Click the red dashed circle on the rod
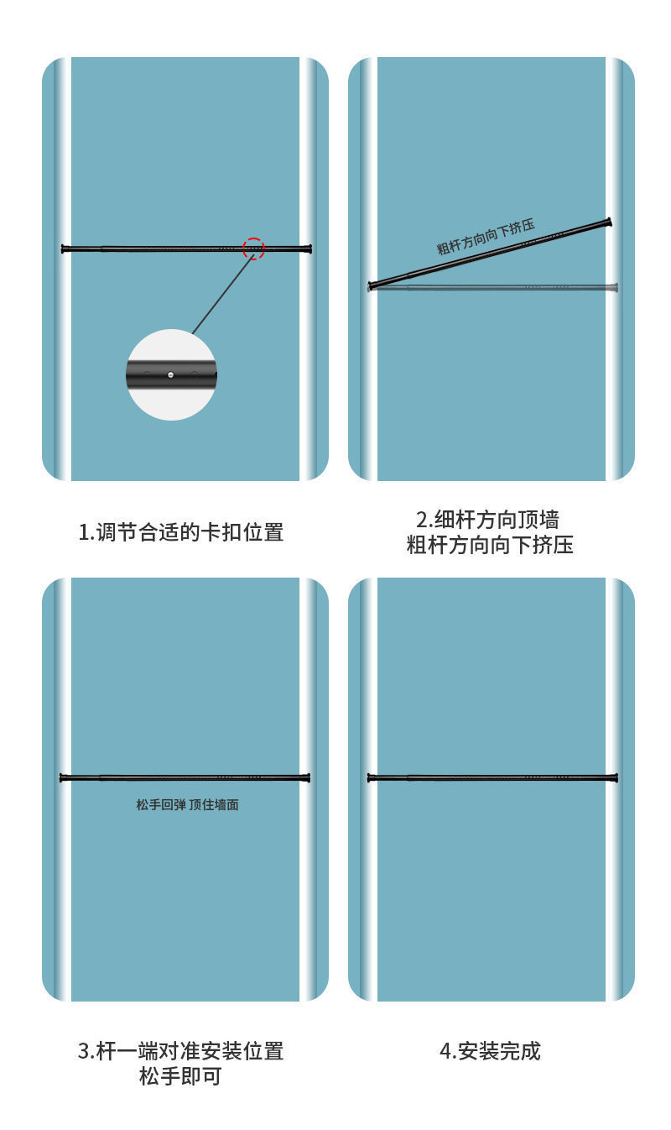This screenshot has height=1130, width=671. pos(253,248)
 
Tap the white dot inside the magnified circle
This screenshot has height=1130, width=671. pos(171,375)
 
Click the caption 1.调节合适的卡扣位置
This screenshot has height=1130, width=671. pos(181,532)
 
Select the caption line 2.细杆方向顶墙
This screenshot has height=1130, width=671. pos(487,519)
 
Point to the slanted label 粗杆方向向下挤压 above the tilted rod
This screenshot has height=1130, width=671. pos(486,237)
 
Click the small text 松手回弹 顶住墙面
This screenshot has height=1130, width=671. pos(187,804)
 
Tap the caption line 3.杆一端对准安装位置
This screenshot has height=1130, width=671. pos(181,1050)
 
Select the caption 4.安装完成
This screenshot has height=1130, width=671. pos(491,1050)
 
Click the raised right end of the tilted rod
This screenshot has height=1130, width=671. pos(608,222)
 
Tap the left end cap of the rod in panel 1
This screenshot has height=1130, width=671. pos(64,248)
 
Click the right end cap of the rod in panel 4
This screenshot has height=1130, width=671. pos(616,778)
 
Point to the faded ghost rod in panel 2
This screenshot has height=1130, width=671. pos(503,288)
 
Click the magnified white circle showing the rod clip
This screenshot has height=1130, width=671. pos(171,374)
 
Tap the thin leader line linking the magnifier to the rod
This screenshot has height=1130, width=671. pos(222,294)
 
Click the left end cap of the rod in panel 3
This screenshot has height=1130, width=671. pos(62,778)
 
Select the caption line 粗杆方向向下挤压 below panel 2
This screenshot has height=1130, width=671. pos(490,546)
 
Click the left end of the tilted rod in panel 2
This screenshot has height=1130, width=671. pos(371,286)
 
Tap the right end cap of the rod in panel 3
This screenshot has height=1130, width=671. pos(308,778)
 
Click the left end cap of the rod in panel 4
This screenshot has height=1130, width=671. pos(370,778)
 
